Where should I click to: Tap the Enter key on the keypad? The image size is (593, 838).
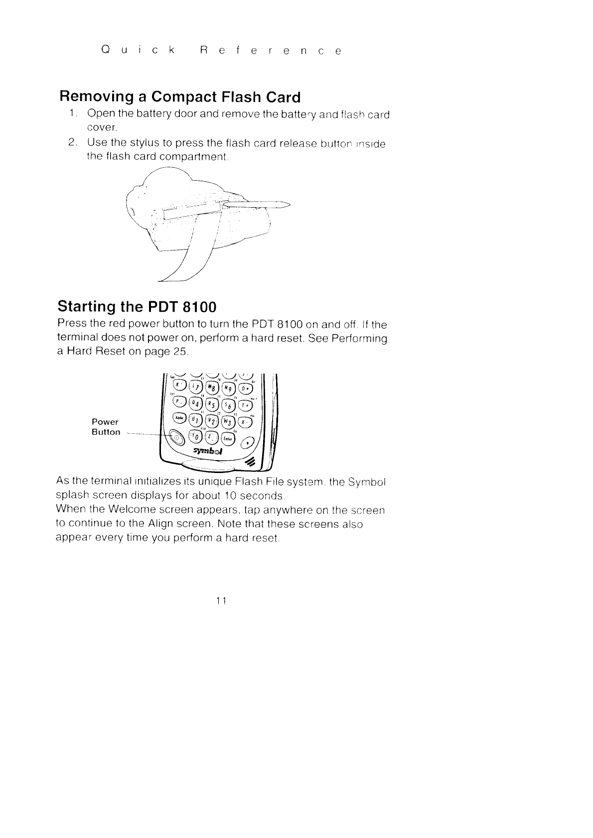coord(227,438)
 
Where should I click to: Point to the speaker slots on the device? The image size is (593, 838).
coord(250,462)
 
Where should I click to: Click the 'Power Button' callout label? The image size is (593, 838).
coord(106,427)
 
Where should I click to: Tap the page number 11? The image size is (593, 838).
coord(222,600)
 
